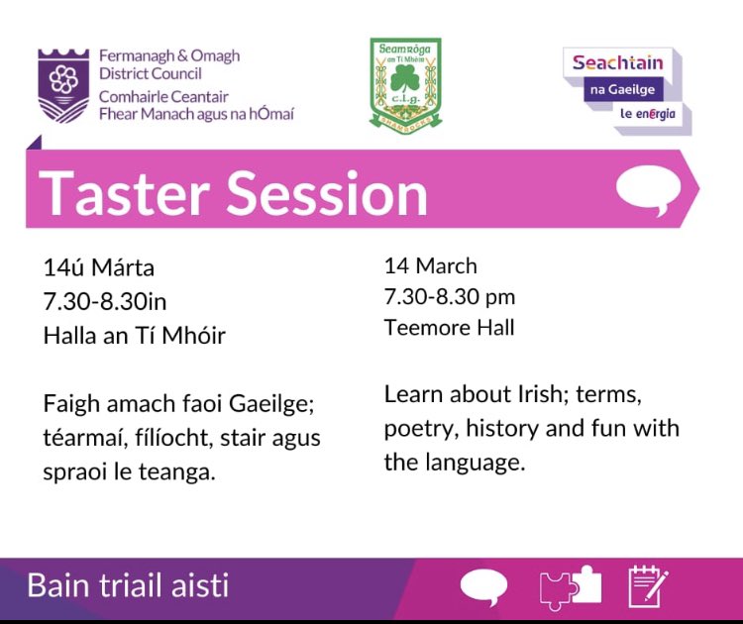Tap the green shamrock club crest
(x=404, y=84)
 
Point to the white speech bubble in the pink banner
(x=649, y=189)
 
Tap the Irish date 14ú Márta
(x=99, y=268)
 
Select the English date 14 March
(x=430, y=265)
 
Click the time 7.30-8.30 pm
(x=450, y=296)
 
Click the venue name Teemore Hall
(x=449, y=327)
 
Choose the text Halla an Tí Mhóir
(x=134, y=336)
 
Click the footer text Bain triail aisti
(x=128, y=584)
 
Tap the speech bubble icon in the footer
(x=483, y=587)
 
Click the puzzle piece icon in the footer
(x=570, y=587)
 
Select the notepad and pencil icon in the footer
(x=648, y=586)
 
